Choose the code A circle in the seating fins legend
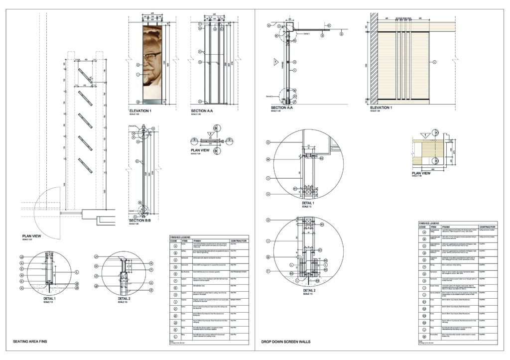(x=175, y=246)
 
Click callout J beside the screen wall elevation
(x=434, y=62)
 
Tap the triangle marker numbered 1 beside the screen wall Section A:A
(x=275, y=63)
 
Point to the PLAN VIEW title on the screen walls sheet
(x=421, y=173)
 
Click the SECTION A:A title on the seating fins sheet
(x=202, y=110)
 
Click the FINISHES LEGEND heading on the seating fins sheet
(x=180, y=236)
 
